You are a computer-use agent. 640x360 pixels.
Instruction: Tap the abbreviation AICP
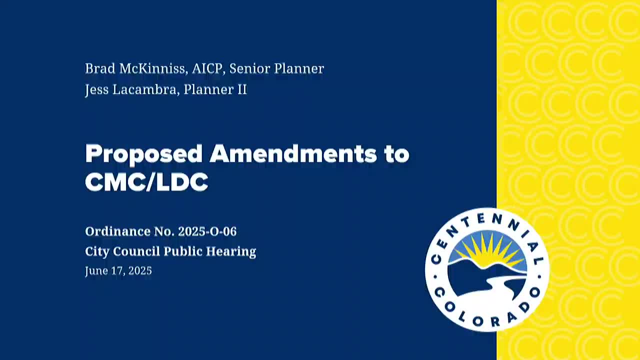(207, 68)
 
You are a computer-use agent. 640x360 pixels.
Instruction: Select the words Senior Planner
(276, 68)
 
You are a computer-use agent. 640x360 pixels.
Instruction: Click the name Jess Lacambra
(131, 90)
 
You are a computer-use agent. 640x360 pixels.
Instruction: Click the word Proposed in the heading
(143, 154)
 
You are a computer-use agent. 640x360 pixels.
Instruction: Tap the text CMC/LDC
(146, 182)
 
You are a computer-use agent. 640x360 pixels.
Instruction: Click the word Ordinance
(117, 231)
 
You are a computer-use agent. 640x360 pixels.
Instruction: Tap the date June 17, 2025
(118, 271)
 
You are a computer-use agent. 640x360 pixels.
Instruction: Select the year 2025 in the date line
(140, 271)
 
